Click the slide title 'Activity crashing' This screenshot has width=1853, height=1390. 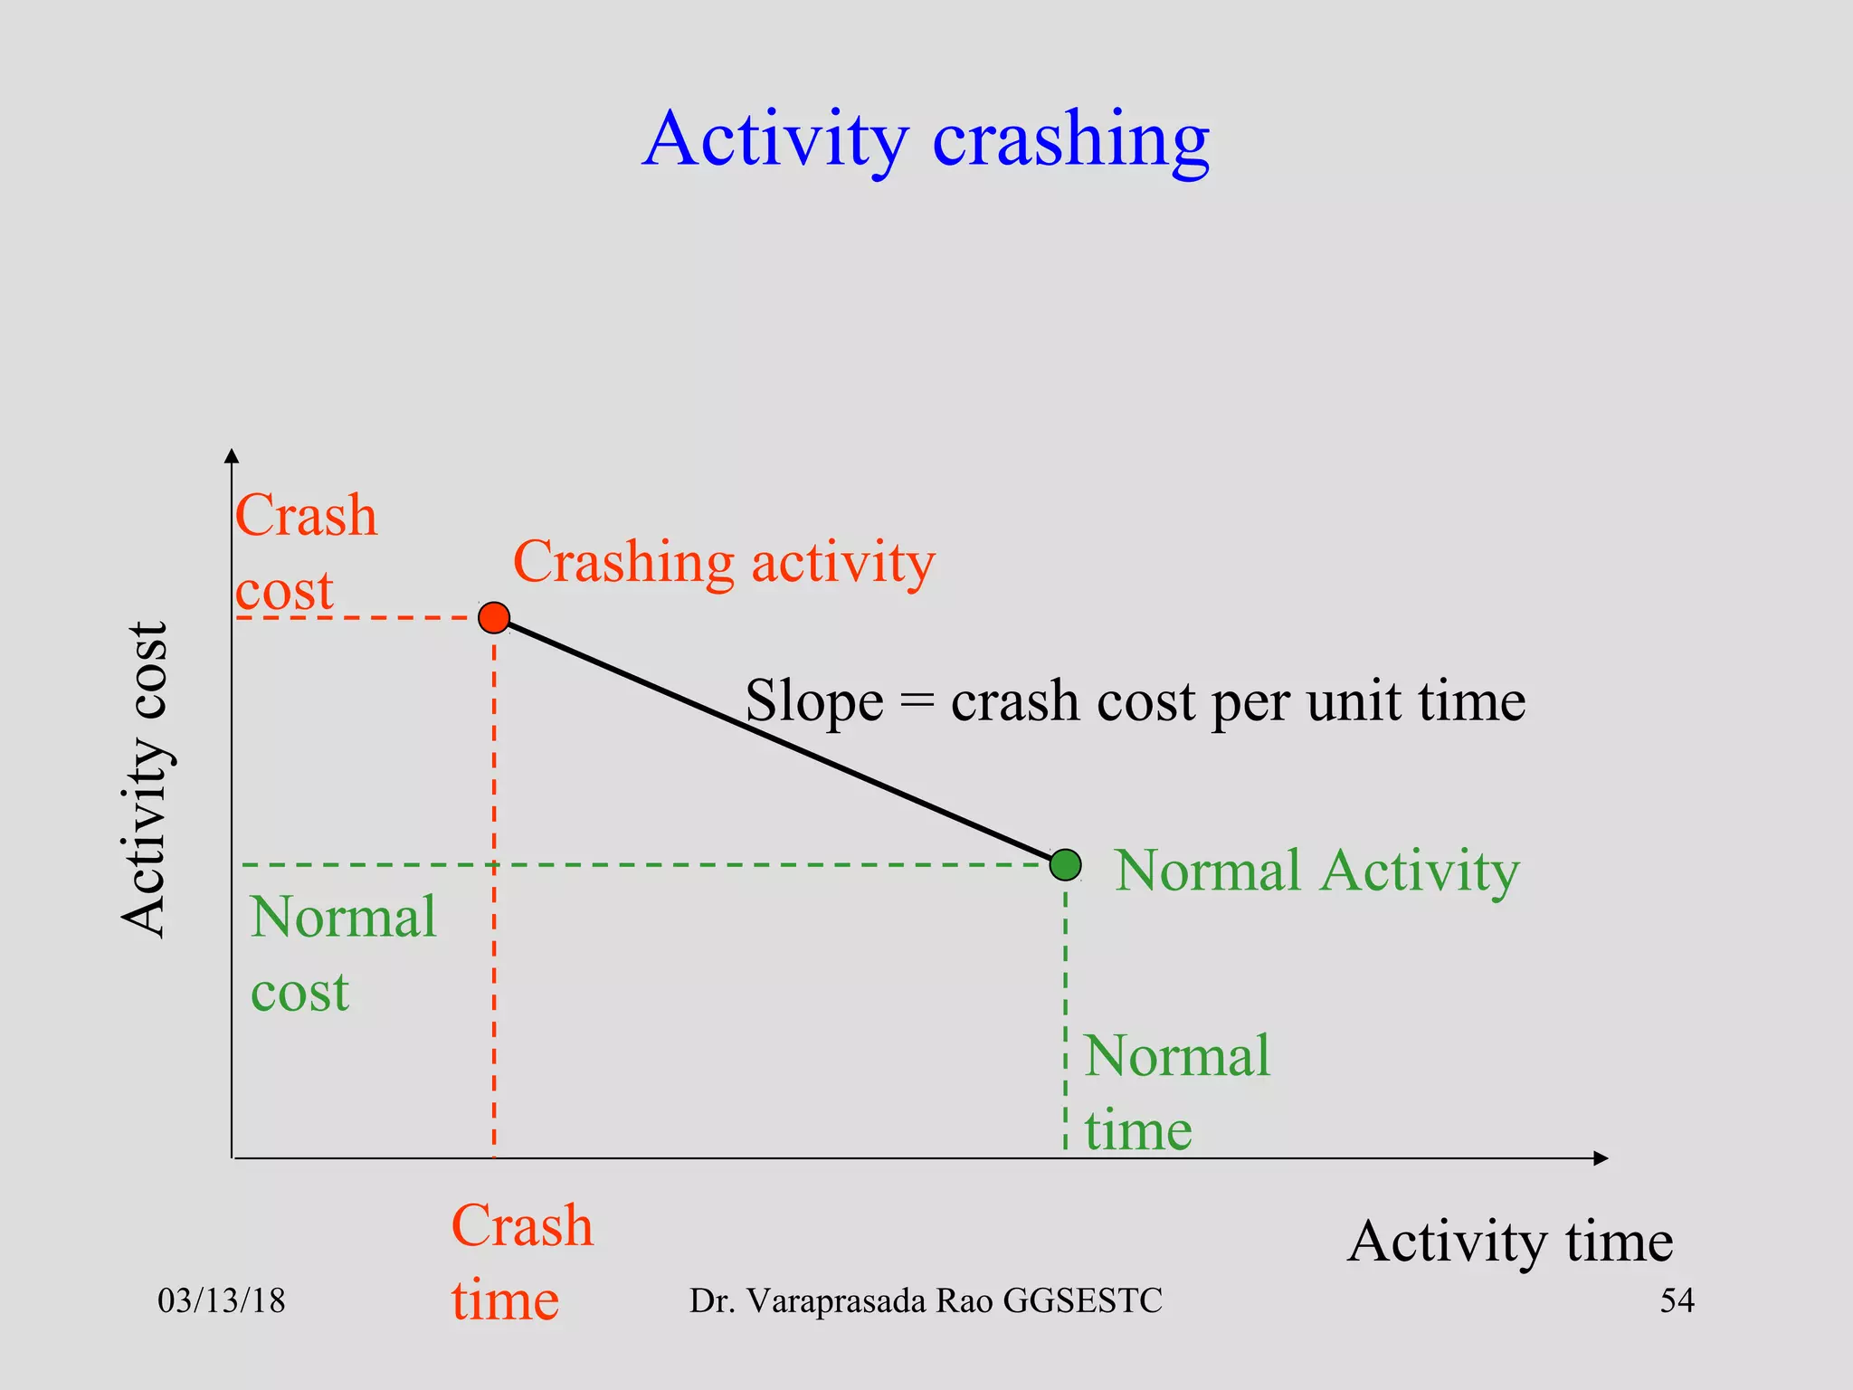[926, 140]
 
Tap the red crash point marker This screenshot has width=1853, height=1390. [494, 618]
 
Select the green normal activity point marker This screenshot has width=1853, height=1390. [1065, 865]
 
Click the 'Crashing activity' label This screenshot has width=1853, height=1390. [724, 563]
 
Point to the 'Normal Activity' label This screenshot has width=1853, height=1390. [1316, 871]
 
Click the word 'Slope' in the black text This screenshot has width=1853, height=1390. [813, 701]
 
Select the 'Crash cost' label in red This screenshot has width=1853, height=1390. [305, 552]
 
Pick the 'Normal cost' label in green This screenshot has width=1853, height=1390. [343, 954]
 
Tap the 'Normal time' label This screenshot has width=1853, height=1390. [1176, 1092]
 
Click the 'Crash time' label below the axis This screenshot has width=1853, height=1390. [521, 1262]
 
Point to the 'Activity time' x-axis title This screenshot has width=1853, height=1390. [1509, 1242]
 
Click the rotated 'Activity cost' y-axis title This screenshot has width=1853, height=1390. [145, 780]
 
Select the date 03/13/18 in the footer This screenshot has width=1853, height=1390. [221, 1301]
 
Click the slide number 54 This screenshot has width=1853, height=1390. [1677, 1301]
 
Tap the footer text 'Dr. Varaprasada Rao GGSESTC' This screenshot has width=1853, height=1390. [926, 1301]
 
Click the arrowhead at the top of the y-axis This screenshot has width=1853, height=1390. [232, 456]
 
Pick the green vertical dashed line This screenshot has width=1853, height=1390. [1065, 1014]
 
